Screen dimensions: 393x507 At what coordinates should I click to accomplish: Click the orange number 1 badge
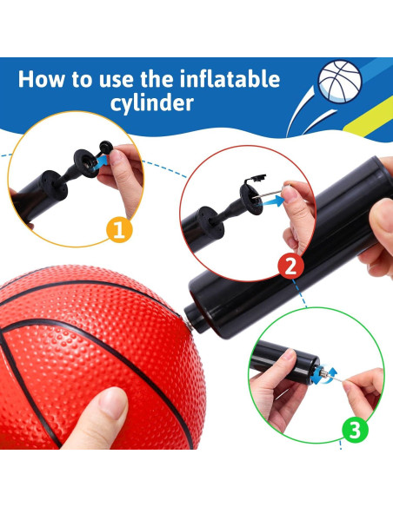coord(119,229)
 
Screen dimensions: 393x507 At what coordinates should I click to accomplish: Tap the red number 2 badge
coord(290,266)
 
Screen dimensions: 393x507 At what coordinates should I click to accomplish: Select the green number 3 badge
coord(355,430)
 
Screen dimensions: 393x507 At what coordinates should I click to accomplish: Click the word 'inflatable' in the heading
coord(230,79)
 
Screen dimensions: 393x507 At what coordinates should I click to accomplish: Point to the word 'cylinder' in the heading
coord(152,103)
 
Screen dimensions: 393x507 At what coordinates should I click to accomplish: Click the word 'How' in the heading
coord(42,79)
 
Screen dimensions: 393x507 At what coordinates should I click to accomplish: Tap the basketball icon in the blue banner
coord(340,81)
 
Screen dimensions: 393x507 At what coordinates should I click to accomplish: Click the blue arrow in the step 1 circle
coord(102,161)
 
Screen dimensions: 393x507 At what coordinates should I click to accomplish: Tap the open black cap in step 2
coord(257,178)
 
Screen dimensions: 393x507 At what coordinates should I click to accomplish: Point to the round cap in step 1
coord(105,147)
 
